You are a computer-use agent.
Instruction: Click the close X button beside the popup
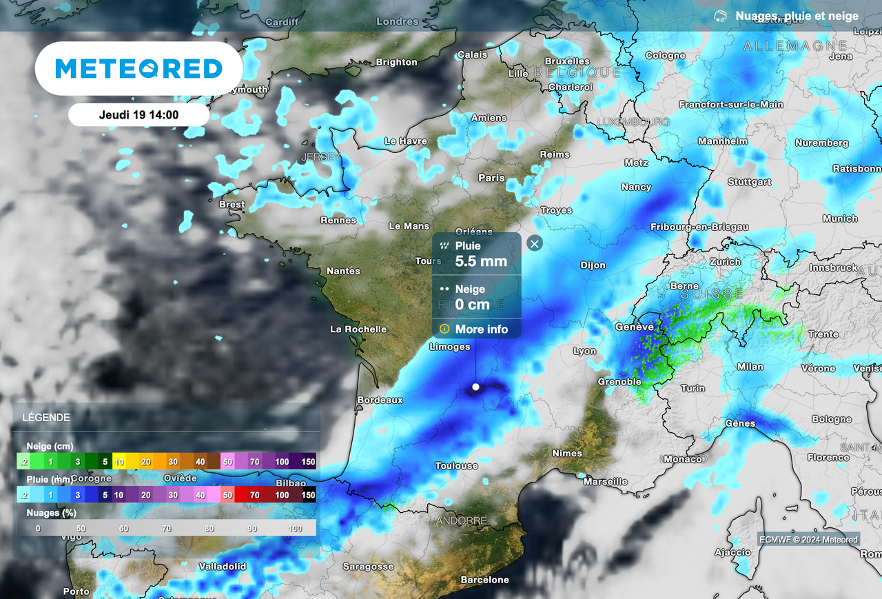coord(534,243)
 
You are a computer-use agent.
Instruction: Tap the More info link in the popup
coord(481,329)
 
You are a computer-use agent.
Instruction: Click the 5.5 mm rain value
coord(481,261)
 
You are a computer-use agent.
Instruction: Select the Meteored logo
coord(139,68)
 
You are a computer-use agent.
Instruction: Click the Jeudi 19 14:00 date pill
coord(139,115)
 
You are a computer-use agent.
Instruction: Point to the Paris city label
coord(491,178)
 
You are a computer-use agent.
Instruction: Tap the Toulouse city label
coord(456,466)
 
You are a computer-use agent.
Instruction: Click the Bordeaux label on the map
coord(380,400)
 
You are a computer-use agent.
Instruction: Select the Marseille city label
coord(605,482)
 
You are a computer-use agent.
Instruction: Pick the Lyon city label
coord(584,351)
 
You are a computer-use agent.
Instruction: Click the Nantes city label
coord(343,271)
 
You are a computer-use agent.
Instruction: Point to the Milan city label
coord(750,367)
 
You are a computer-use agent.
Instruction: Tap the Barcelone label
coord(484,580)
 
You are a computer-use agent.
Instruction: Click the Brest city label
coord(232,204)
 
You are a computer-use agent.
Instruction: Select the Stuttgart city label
coord(749,182)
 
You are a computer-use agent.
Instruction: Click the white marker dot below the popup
coord(475,387)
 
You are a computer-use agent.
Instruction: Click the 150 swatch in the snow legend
coord(308,462)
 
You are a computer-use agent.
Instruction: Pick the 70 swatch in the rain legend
coord(255,495)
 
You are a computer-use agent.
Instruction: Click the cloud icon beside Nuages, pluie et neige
coord(720,16)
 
